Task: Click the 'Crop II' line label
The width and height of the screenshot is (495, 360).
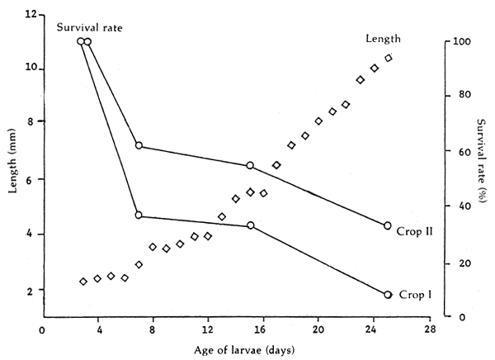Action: click(414, 232)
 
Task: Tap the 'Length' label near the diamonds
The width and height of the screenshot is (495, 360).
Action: click(384, 39)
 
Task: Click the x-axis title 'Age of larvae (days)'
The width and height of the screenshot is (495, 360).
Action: click(236, 349)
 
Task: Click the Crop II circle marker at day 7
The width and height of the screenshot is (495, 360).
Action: click(139, 145)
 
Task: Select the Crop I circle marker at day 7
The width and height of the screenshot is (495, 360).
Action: click(139, 216)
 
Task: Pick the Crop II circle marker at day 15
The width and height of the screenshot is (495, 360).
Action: click(250, 166)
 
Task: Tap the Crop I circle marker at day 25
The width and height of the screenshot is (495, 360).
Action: click(388, 294)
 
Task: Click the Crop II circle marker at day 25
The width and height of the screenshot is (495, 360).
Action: click(388, 225)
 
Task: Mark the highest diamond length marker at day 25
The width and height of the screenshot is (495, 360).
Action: click(388, 58)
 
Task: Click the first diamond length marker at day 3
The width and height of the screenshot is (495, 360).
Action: click(83, 282)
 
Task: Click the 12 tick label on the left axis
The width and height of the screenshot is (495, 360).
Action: click(31, 15)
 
